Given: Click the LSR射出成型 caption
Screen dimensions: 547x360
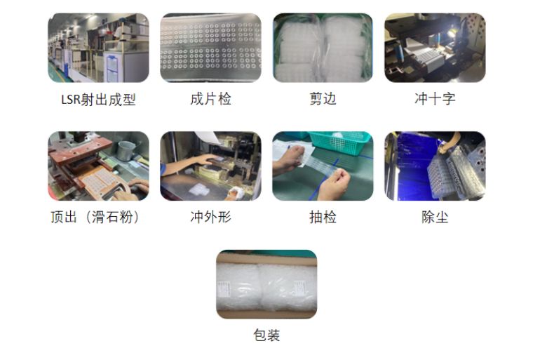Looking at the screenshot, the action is click(x=98, y=100).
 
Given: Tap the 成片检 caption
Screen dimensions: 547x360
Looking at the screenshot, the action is click(x=210, y=99).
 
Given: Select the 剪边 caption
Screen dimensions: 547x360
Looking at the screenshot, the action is click(x=323, y=99).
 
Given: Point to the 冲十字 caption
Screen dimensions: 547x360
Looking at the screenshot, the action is click(x=435, y=99).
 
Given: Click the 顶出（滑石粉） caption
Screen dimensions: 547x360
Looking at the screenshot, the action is click(x=95, y=217).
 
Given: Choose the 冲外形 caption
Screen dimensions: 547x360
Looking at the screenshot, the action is click(x=210, y=217).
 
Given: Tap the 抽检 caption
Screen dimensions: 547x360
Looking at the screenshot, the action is click(x=323, y=217).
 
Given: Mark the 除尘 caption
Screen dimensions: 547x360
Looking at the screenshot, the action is click(x=435, y=217).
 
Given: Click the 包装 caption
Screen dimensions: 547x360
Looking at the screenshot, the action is click(x=266, y=335).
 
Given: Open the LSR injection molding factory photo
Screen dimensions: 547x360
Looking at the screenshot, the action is click(x=98, y=48).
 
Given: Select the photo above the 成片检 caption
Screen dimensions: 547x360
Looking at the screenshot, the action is click(x=210, y=48).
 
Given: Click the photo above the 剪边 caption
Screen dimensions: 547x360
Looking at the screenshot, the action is click(x=323, y=48).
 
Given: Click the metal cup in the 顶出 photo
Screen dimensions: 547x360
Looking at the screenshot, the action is click(x=126, y=150).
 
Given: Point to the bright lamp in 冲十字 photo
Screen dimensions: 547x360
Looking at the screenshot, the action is click(x=450, y=34).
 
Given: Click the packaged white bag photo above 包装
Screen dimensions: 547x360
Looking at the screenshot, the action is click(x=266, y=284).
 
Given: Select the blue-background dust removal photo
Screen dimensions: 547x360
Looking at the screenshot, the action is click(x=435, y=166).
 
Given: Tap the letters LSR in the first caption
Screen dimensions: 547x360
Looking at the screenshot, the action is click(x=71, y=100).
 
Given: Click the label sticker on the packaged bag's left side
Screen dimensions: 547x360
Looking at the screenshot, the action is click(x=223, y=288).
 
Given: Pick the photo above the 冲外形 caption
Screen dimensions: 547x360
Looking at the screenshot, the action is click(x=210, y=166).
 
